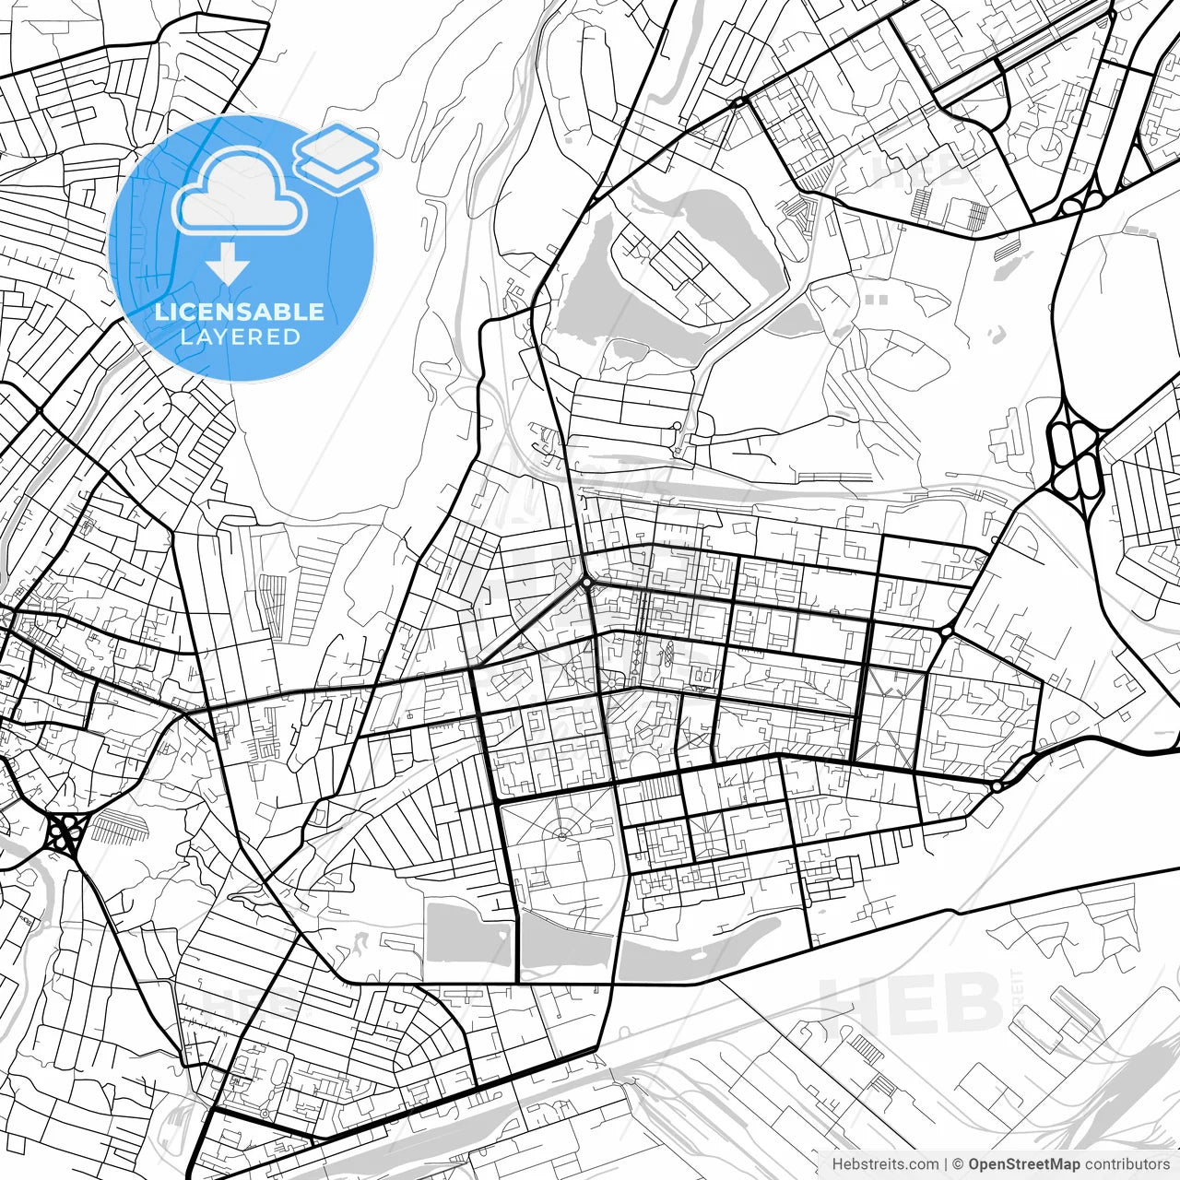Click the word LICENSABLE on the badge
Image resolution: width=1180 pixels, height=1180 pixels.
click(240, 312)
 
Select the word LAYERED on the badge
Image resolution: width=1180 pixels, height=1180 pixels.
click(240, 336)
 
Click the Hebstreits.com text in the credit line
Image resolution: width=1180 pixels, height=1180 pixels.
click(886, 1164)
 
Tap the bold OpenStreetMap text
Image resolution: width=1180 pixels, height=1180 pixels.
click(1024, 1164)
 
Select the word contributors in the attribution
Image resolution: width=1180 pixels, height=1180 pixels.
click(1127, 1164)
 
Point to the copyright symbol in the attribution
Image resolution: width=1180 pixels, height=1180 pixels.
click(959, 1164)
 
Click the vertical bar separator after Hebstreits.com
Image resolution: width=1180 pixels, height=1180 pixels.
click(947, 1164)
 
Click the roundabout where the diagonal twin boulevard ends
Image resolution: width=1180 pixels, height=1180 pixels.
click(586, 583)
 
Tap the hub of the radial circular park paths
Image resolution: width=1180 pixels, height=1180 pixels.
click(560, 835)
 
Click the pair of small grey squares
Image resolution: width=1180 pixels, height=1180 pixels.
click(877, 300)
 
